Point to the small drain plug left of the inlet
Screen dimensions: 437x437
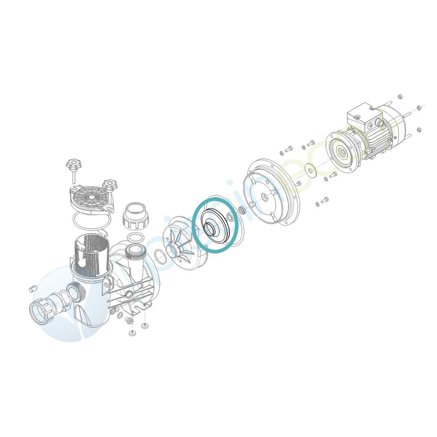(x=32, y=288)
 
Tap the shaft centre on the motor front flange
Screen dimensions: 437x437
(x=343, y=150)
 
